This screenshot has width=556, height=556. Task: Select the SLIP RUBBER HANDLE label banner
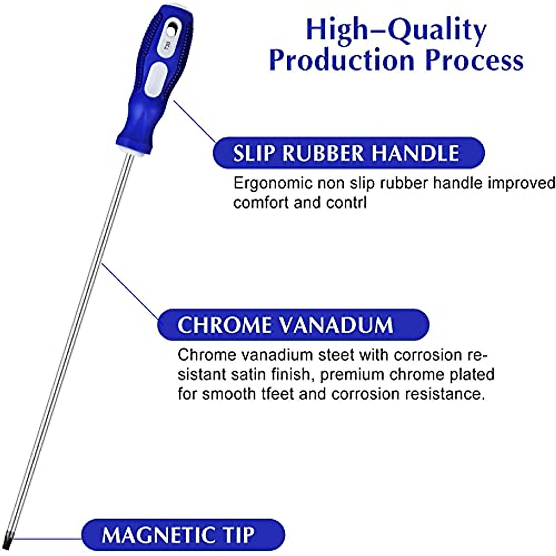pyautogui.click(x=349, y=153)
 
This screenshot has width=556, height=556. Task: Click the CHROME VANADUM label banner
pyautogui.click(x=293, y=325)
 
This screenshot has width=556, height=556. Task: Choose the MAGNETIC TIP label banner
pyautogui.click(x=183, y=534)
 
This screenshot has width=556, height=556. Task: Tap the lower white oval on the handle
pyautogui.click(x=156, y=79)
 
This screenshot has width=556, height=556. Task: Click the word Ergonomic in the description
pyautogui.click(x=273, y=183)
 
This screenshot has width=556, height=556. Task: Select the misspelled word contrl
pyautogui.click(x=346, y=202)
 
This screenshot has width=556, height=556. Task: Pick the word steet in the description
pyautogui.click(x=336, y=355)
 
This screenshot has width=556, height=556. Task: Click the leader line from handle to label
pyautogui.click(x=194, y=121)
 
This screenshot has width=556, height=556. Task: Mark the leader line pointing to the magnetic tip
pyautogui.click(x=48, y=538)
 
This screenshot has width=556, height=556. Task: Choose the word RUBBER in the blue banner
pyautogui.click(x=323, y=153)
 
